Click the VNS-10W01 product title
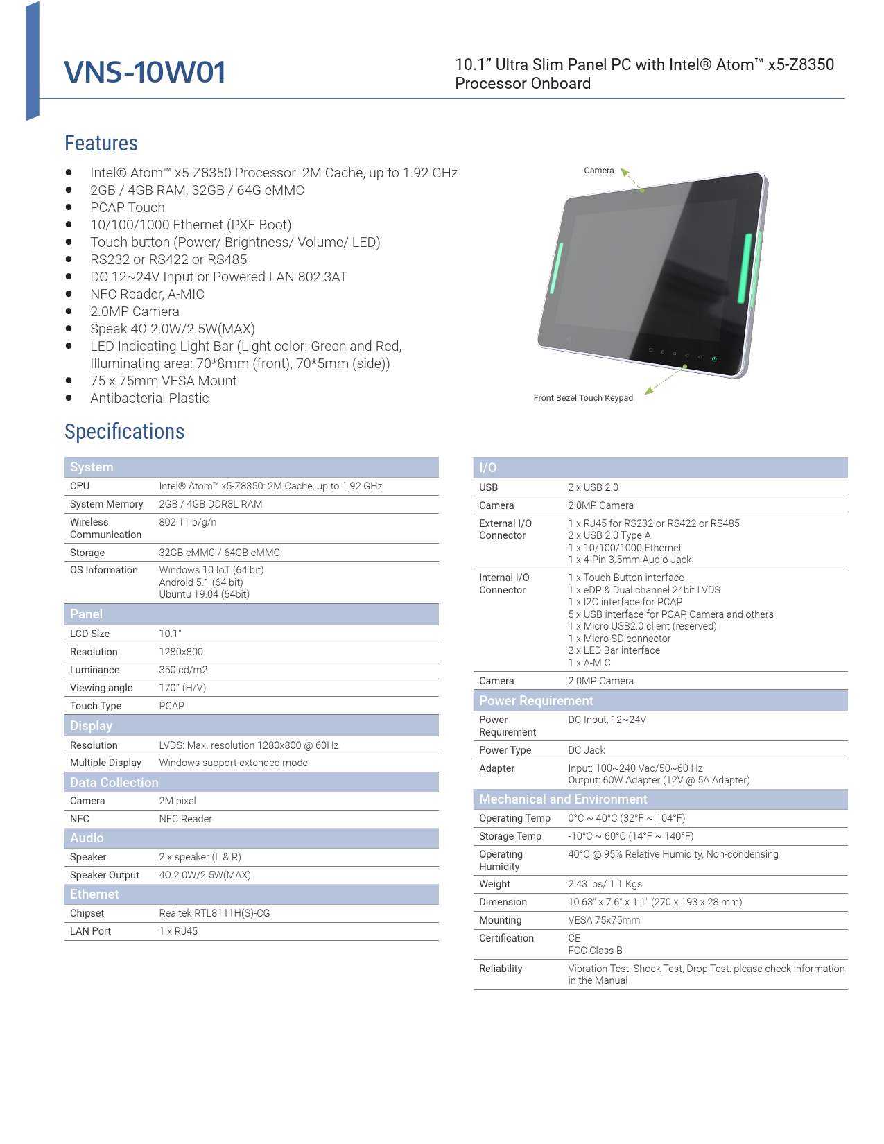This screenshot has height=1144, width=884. pos(145,72)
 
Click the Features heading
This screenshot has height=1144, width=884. pos(101,144)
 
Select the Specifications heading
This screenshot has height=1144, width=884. pos(125,432)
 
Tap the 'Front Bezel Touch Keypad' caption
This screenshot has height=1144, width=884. pos(583,398)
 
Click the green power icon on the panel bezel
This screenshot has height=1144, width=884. pos(714,359)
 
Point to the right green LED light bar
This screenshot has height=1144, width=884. pos(745,268)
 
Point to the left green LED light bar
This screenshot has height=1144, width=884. pos(557,268)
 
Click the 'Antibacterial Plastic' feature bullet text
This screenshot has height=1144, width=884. pos(149,398)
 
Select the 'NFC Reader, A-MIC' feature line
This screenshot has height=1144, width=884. pos(147,294)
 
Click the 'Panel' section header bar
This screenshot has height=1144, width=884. pos(251,614)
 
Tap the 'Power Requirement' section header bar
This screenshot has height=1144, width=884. pos(660,701)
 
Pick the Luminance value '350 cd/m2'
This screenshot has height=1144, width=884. pos(183,670)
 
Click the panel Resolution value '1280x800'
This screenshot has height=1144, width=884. pos(181,652)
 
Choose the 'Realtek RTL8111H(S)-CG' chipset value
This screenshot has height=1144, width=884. pos(214,913)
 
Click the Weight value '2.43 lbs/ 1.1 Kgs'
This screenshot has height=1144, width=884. pos(605,884)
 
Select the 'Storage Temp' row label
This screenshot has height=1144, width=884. pos(510,836)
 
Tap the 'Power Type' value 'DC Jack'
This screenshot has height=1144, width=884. pos(587,750)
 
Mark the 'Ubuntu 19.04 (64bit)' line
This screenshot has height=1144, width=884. pos(204,594)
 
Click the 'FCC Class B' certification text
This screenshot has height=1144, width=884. pos(595,951)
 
